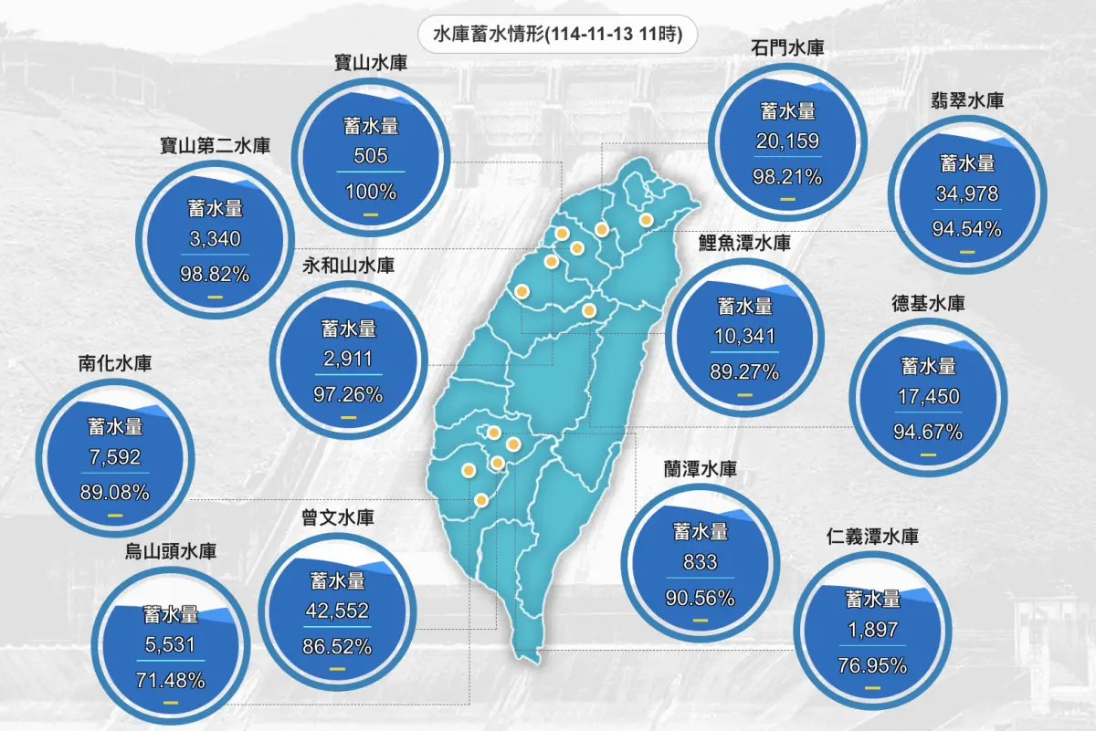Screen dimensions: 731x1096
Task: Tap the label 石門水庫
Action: click(x=787, y=47)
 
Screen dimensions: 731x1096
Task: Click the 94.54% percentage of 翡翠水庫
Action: click(x=967, y=228)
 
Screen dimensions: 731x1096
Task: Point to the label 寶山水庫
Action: click(x=371, y=64)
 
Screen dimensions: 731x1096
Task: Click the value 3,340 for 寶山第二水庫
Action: click(x=216, y=239)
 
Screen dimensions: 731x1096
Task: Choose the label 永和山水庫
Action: click(x=349, y=266)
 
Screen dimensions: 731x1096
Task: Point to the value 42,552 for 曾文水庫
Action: click(x=338, y=612)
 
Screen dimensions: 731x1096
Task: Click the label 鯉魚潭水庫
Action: click(x=744, y=244)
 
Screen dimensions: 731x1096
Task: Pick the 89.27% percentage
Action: click(x=744, y=372)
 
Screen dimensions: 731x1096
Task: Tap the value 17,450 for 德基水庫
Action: click(x=929, y=398)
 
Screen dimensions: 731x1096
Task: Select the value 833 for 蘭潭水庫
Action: click(x=701, y=563)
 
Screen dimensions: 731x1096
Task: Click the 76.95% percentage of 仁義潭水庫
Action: click(x=872, y=665)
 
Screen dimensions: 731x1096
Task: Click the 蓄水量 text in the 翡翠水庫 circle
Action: click(x=967, y=163)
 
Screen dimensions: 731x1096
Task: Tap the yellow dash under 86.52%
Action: click(x=338, y=669)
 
